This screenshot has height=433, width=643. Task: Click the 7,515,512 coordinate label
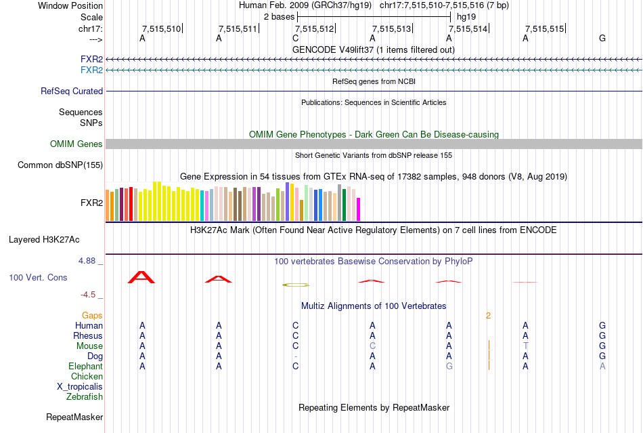click(315, 28)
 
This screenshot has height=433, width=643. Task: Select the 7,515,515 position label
click(545, 28)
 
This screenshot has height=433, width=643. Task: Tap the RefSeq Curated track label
click(72, 91)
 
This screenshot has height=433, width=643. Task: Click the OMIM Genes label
click(76, 144)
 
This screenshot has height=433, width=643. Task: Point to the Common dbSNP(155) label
click(60, 165)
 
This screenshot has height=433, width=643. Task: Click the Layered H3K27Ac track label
click(44, 239)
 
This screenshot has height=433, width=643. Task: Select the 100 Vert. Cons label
click(38, 278)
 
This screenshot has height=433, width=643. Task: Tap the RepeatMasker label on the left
click(74, 417)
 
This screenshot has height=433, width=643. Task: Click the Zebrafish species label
click(85, 396)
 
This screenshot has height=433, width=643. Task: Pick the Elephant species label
click(85, 366)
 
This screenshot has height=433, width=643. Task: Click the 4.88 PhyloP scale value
click(88, 260)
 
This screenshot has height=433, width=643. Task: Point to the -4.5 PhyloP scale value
click(89, 295)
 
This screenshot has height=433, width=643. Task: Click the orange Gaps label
click(92, 315)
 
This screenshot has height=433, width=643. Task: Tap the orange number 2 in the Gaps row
click(488, 315)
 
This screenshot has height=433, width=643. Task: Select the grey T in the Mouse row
click(525, 346)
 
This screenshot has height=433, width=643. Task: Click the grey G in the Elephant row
click(449, 366)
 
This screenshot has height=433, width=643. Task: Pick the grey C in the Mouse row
click(372, 346)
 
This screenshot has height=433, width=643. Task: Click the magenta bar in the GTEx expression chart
click(359, 209)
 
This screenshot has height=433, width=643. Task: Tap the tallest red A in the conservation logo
click(141, 276)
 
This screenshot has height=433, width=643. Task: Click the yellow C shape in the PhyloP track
click(296, 285)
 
